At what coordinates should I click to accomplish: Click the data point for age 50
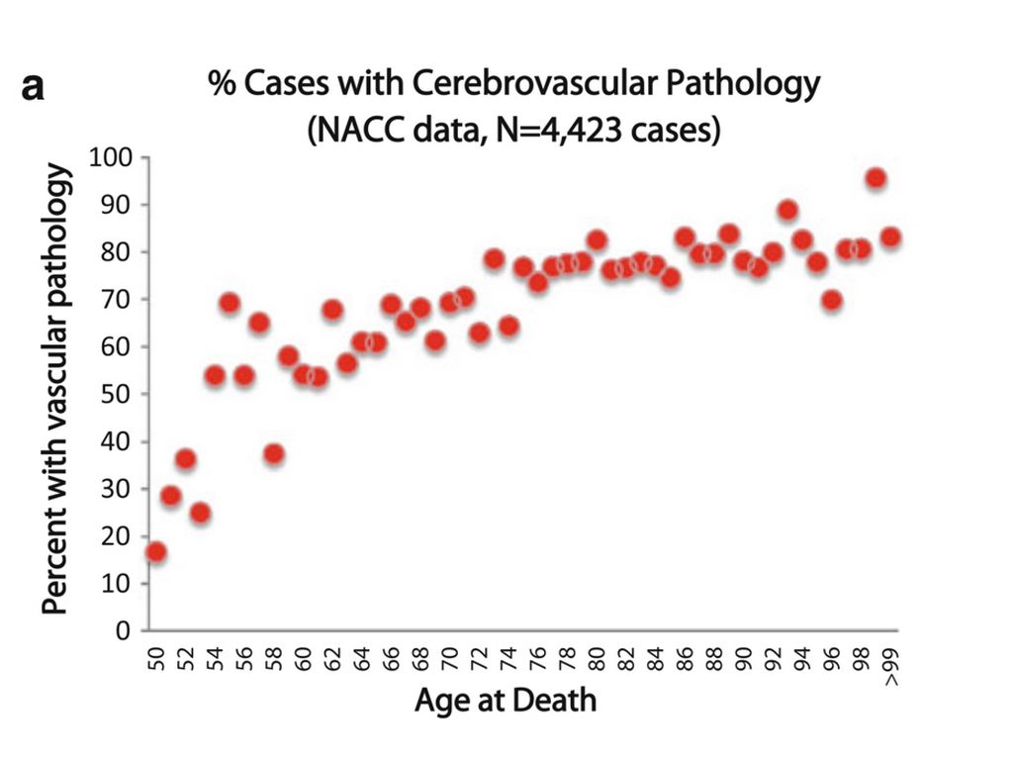pos(155,552)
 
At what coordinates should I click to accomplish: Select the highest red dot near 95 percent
pos(875,178)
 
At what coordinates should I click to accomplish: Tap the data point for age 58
pos(274,454)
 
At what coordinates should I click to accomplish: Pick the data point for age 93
pos(787,210)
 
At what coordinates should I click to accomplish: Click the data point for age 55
pos(230,303)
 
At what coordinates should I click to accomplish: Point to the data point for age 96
pos(832,300)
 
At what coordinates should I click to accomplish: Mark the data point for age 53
pos(200,513)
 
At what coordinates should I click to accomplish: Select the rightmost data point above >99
pos(890,237)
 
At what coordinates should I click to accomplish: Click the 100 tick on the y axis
pos(111,157)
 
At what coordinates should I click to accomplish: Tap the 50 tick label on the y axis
pos(118,394)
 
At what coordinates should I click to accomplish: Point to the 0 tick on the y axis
pos(125,630)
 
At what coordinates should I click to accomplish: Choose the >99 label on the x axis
pos(891,669)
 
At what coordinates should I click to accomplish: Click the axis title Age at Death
pos(506,701)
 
